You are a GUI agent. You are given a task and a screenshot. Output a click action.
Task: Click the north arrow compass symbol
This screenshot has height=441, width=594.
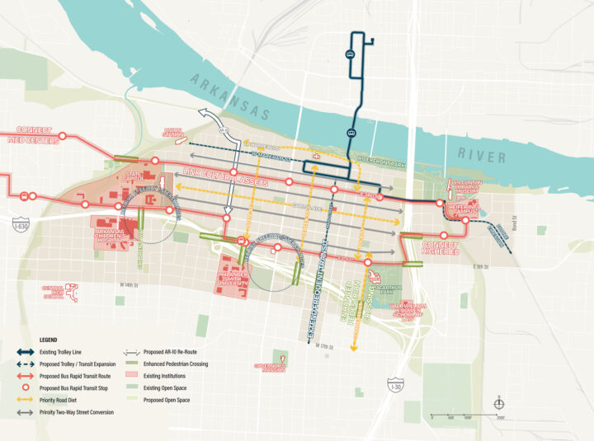point(498,404)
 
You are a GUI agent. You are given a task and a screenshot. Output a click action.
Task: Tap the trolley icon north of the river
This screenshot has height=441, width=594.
point(350,54)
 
